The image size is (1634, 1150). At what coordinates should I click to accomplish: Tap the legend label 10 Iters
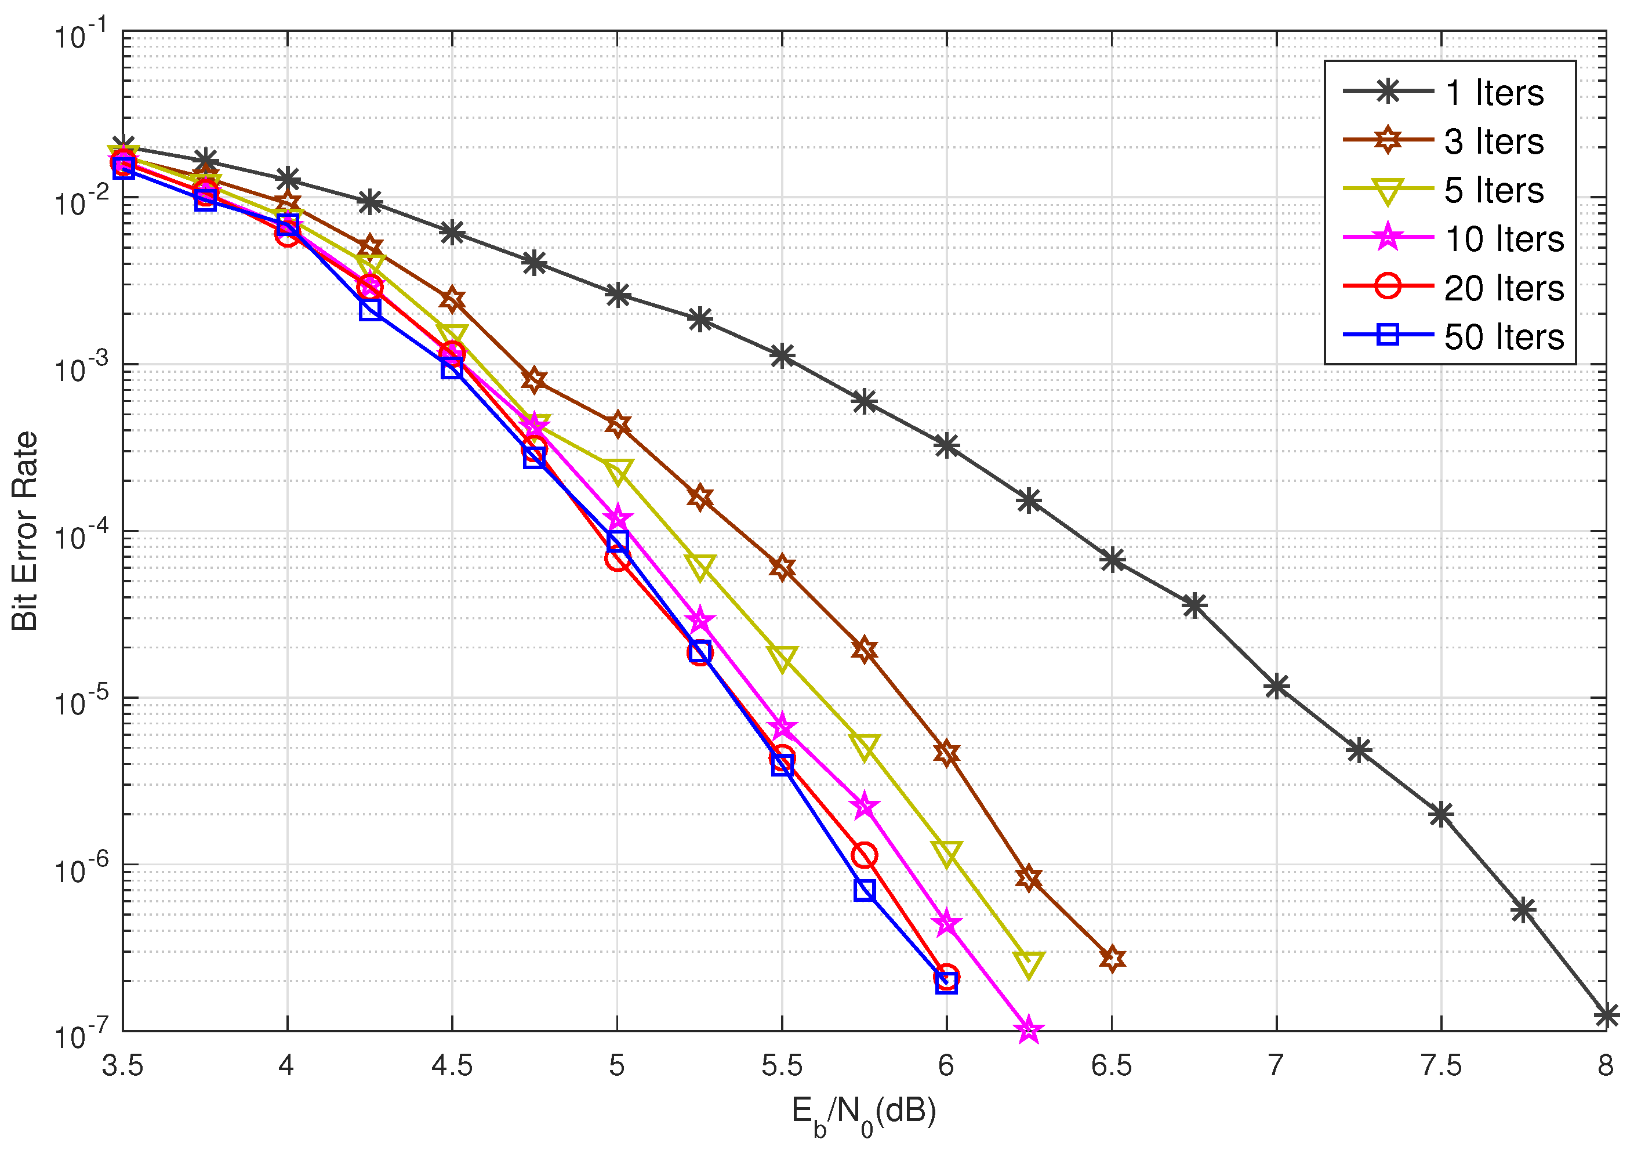coord(1503,239)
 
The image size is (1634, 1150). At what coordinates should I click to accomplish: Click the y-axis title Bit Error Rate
coord(25,531)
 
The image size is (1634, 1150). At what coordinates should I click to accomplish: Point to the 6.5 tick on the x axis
coord(1111,1066)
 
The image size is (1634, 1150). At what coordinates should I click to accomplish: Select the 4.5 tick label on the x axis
coord(452,1066)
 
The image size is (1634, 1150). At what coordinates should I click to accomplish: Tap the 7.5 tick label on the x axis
coord(1440,1066)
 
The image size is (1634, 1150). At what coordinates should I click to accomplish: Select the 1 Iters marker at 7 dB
coord(1277,687)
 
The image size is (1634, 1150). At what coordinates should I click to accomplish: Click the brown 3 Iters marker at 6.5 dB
coord(1112,959)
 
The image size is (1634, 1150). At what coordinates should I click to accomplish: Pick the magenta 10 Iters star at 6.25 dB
coord(1029,1030)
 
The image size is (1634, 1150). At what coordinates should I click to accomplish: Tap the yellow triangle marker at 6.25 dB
coord(1029,963)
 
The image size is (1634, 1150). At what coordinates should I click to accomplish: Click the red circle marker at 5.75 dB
coord(864,855)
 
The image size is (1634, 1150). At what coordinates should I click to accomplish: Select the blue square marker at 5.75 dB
coord(864,890)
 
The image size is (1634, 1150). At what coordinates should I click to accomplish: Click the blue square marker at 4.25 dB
coord(370,310)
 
